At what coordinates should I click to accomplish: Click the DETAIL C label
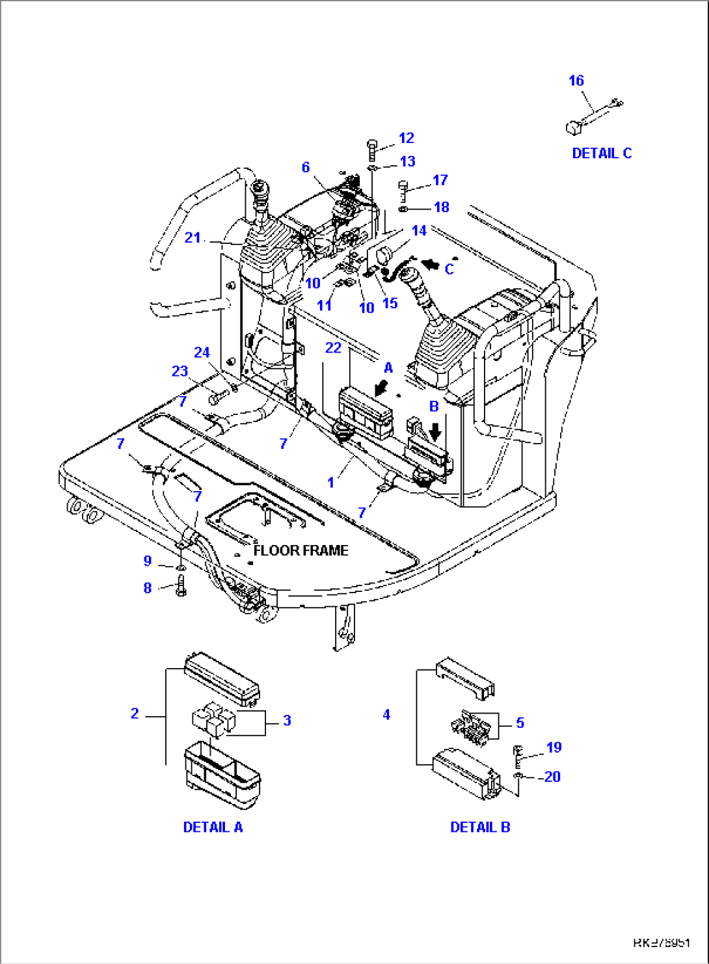(602, 154)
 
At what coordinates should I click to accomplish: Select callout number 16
(576, 81)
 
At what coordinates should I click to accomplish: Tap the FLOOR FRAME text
(301, 550)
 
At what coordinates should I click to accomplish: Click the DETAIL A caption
(213, 827)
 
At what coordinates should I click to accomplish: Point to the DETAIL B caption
(480, 827)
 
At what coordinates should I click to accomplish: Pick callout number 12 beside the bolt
(407, 138)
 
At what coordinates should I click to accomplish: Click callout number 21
(193, 237)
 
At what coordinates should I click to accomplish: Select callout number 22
(333, 348)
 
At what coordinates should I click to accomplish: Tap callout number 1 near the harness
(331, 483)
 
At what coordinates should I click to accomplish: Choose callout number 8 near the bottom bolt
(148, 588)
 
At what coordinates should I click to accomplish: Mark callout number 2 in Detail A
(135, 714)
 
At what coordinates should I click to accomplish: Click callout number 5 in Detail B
(520, 723)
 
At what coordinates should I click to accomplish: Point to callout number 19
(554, 747)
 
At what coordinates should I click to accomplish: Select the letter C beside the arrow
(449, 269)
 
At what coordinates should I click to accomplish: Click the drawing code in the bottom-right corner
(662, 943)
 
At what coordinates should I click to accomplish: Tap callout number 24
(202, 353)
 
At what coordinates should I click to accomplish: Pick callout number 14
(419, 230)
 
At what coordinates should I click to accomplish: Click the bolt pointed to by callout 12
(372, 150)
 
